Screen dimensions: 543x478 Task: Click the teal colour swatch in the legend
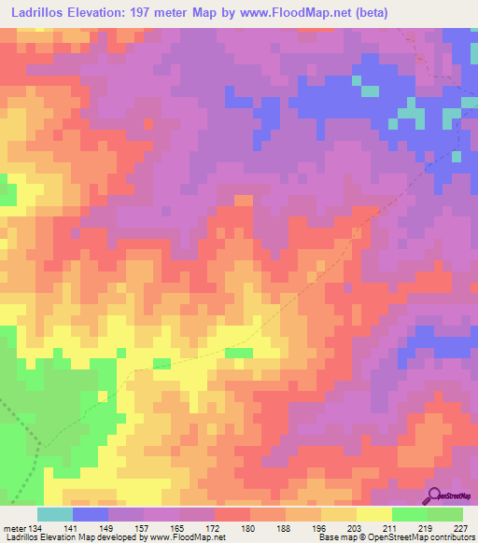55,514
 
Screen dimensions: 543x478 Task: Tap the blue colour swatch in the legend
91,514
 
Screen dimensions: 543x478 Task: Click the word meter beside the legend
16,528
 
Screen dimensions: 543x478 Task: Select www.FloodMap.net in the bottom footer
193,537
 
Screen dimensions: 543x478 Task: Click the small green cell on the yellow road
240,353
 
